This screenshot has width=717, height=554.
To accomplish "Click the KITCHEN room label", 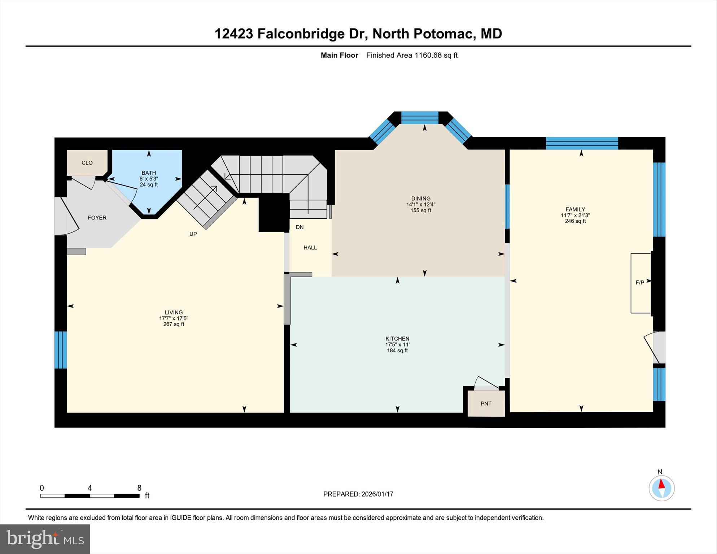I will (397, 339).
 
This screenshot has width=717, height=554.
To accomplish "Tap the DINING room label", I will (420, 199).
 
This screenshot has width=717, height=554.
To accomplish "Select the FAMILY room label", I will (575, 209).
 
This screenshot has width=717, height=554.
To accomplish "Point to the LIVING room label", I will (174, 313).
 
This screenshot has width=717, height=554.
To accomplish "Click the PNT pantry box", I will (486, 403).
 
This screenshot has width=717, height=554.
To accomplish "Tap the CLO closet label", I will (87, 163).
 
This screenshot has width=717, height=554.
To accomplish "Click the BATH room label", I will (149, 173).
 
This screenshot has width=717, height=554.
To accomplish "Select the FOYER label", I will (97, 218).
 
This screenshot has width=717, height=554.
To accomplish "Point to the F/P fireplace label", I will (639, 283).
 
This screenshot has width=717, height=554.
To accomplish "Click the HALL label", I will (310, 248).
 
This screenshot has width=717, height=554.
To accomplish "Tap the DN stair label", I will (300, 227).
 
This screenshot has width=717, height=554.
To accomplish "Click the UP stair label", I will (193, 234).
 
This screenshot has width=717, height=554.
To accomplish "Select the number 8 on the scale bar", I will (139, 488).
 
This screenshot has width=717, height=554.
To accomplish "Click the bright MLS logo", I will (45, 539).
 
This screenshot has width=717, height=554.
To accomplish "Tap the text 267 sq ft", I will (174, 324).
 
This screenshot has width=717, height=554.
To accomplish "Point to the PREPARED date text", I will (358, 494).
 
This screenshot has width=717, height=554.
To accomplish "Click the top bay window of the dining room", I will (420, 118).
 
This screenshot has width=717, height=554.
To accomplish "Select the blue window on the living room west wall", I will (60, 350).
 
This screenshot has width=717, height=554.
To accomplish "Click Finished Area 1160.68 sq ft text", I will (411, 55).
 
